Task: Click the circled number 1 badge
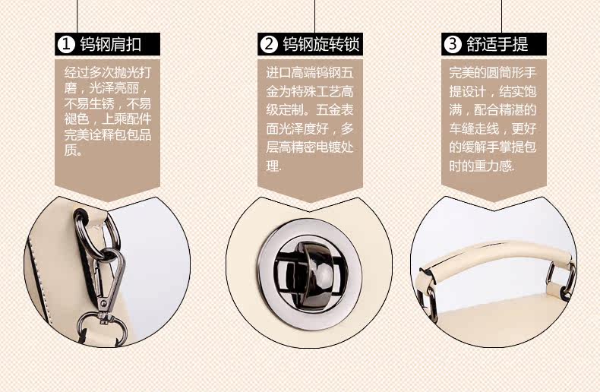(x=66, y=44)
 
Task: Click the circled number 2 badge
(x=269, y=44)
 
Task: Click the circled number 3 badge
(x=453, y=44)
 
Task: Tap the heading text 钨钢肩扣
(x=111, y=44)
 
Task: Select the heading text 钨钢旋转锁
(x=321, y=44)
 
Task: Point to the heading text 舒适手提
(x=497, y=44)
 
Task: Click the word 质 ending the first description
(x=71, y=150)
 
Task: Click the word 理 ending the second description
(x=272, y=166)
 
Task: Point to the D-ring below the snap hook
(x=103, y=328)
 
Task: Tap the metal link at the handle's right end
(x=562, y=280)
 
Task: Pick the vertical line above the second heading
(x=315, y=17)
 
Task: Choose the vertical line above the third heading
(x=501, y=17)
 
